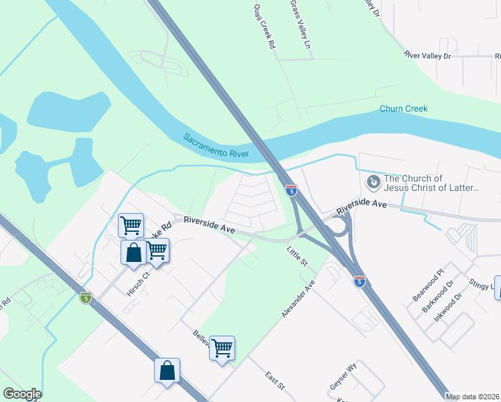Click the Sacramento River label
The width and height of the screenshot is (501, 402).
coord(216,146)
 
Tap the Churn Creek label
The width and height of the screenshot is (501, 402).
coord(403,109)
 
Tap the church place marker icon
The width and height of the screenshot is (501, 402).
coord(372,182)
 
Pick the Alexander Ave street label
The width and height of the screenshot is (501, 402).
coord(298,299)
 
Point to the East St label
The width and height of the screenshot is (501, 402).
coord(275,381)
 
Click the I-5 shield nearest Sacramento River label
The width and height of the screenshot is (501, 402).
coord(291,190)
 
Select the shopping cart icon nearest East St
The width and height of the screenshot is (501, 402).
coord(222,348)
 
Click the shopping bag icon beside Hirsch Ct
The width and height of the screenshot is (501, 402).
coord(134,253)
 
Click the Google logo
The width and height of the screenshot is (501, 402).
coord(22,394)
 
